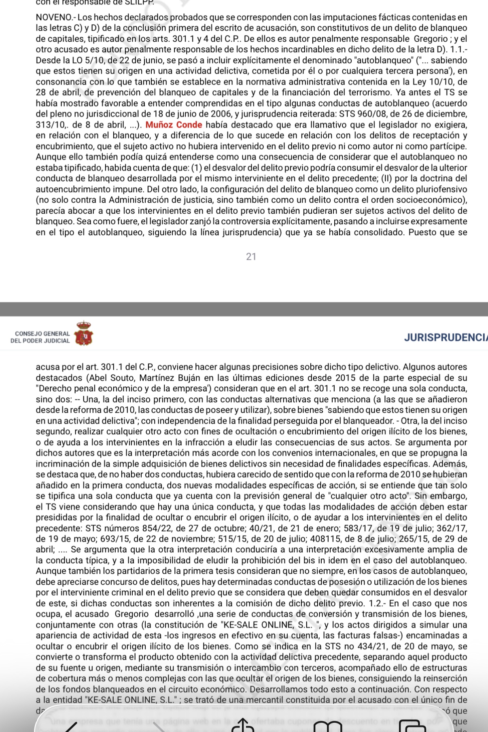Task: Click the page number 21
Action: pos(251,257)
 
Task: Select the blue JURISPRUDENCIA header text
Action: pos(446,337)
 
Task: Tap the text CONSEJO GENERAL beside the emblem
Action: pos(42,334)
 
